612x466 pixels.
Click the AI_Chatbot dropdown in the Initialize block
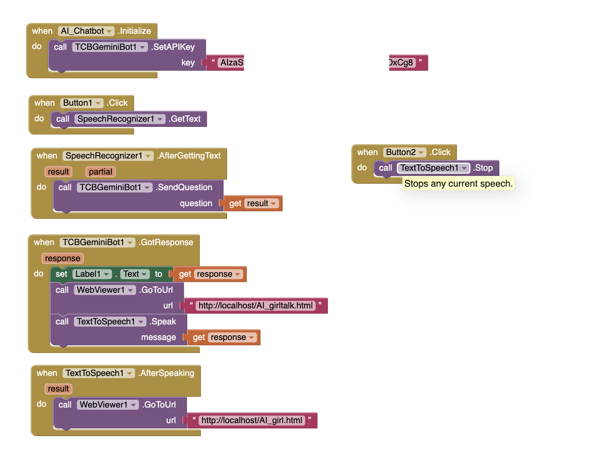tap(86, 31)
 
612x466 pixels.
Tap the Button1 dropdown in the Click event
tap(81, 103)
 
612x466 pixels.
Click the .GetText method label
tap(184, 119)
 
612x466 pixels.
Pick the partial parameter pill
tap(101, 172)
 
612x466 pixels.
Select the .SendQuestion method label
tap(184, 187)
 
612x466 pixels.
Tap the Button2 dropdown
tap(404, 152)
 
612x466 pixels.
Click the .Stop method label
tap(483, 168)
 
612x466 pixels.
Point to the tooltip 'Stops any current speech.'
tap(458, 184)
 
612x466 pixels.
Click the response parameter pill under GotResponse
tap(62, 258)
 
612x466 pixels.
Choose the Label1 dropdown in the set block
tap(92, 274)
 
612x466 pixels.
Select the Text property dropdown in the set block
tap(135, 274)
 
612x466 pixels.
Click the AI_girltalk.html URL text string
tap(255, 306)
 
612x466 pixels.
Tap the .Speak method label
tap(163, 321)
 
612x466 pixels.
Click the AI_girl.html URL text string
tap(251, 420)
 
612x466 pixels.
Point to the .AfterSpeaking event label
tap(166, 373)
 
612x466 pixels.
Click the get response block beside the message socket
tap(223, 337)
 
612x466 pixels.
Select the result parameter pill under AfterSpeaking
tap(58, 388)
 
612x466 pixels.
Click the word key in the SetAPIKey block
tap(188, 63)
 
